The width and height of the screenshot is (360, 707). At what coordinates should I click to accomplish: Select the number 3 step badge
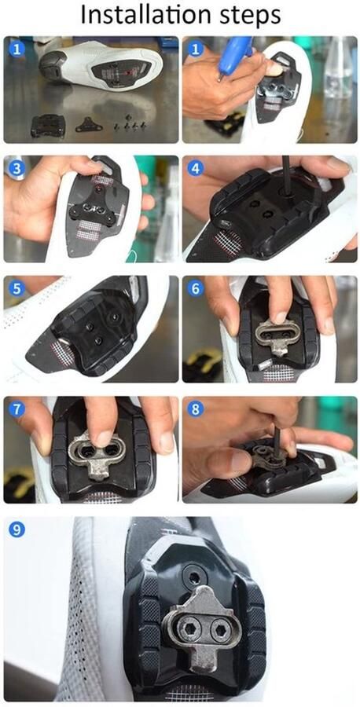17,168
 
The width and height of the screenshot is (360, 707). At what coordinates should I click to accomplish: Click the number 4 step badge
195,168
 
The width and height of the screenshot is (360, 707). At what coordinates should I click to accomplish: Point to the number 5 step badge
17,288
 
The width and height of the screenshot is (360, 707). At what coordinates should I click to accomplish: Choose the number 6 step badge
195,288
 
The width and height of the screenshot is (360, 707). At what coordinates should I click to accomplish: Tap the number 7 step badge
17,409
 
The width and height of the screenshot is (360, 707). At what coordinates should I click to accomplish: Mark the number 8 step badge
195,409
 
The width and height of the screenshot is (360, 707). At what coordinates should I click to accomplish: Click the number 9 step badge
17,529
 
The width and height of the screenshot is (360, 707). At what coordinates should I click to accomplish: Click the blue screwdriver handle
234,55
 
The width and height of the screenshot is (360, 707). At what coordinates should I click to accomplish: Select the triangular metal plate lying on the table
89,124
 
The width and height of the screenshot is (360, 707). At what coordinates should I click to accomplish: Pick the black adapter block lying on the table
47,125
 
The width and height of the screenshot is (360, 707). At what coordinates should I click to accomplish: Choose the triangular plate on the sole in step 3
90,210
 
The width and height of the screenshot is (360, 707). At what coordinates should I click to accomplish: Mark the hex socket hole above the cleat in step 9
193,577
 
